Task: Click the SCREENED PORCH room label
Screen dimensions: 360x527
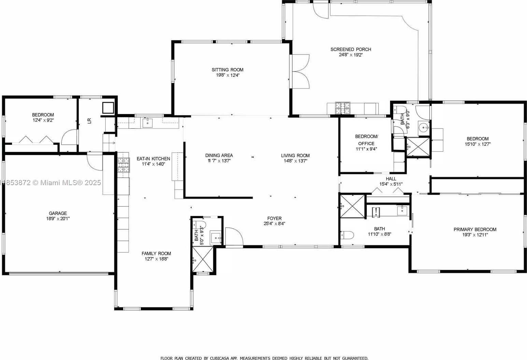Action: [x=350, y=50]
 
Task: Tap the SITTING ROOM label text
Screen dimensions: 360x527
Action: [x=227, y=70]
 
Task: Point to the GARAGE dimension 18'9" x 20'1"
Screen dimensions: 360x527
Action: [x=58, y=219]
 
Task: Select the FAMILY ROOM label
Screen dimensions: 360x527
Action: [x=156, y=253]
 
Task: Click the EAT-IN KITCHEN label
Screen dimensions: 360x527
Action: [x=153, y=159]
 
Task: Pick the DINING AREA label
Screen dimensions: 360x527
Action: [x=219, y=155]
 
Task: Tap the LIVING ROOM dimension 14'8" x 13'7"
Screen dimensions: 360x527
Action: [x=295, y=161]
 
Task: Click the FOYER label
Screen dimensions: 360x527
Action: [x=274, y=219]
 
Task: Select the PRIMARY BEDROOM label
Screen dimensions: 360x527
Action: [x=475, y=230]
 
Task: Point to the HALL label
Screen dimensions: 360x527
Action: [x=391, y=179]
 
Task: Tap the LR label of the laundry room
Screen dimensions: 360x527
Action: [x=89, y=121]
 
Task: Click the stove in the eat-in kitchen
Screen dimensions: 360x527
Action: [x=124, y=165]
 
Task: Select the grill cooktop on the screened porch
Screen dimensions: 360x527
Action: [x=343, y=108]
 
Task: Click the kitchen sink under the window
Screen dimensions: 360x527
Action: [x=148, y=123]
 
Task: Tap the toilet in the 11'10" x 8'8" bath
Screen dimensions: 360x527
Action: [x=348, y=235]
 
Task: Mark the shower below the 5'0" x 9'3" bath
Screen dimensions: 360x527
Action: [x=204, y=259]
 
